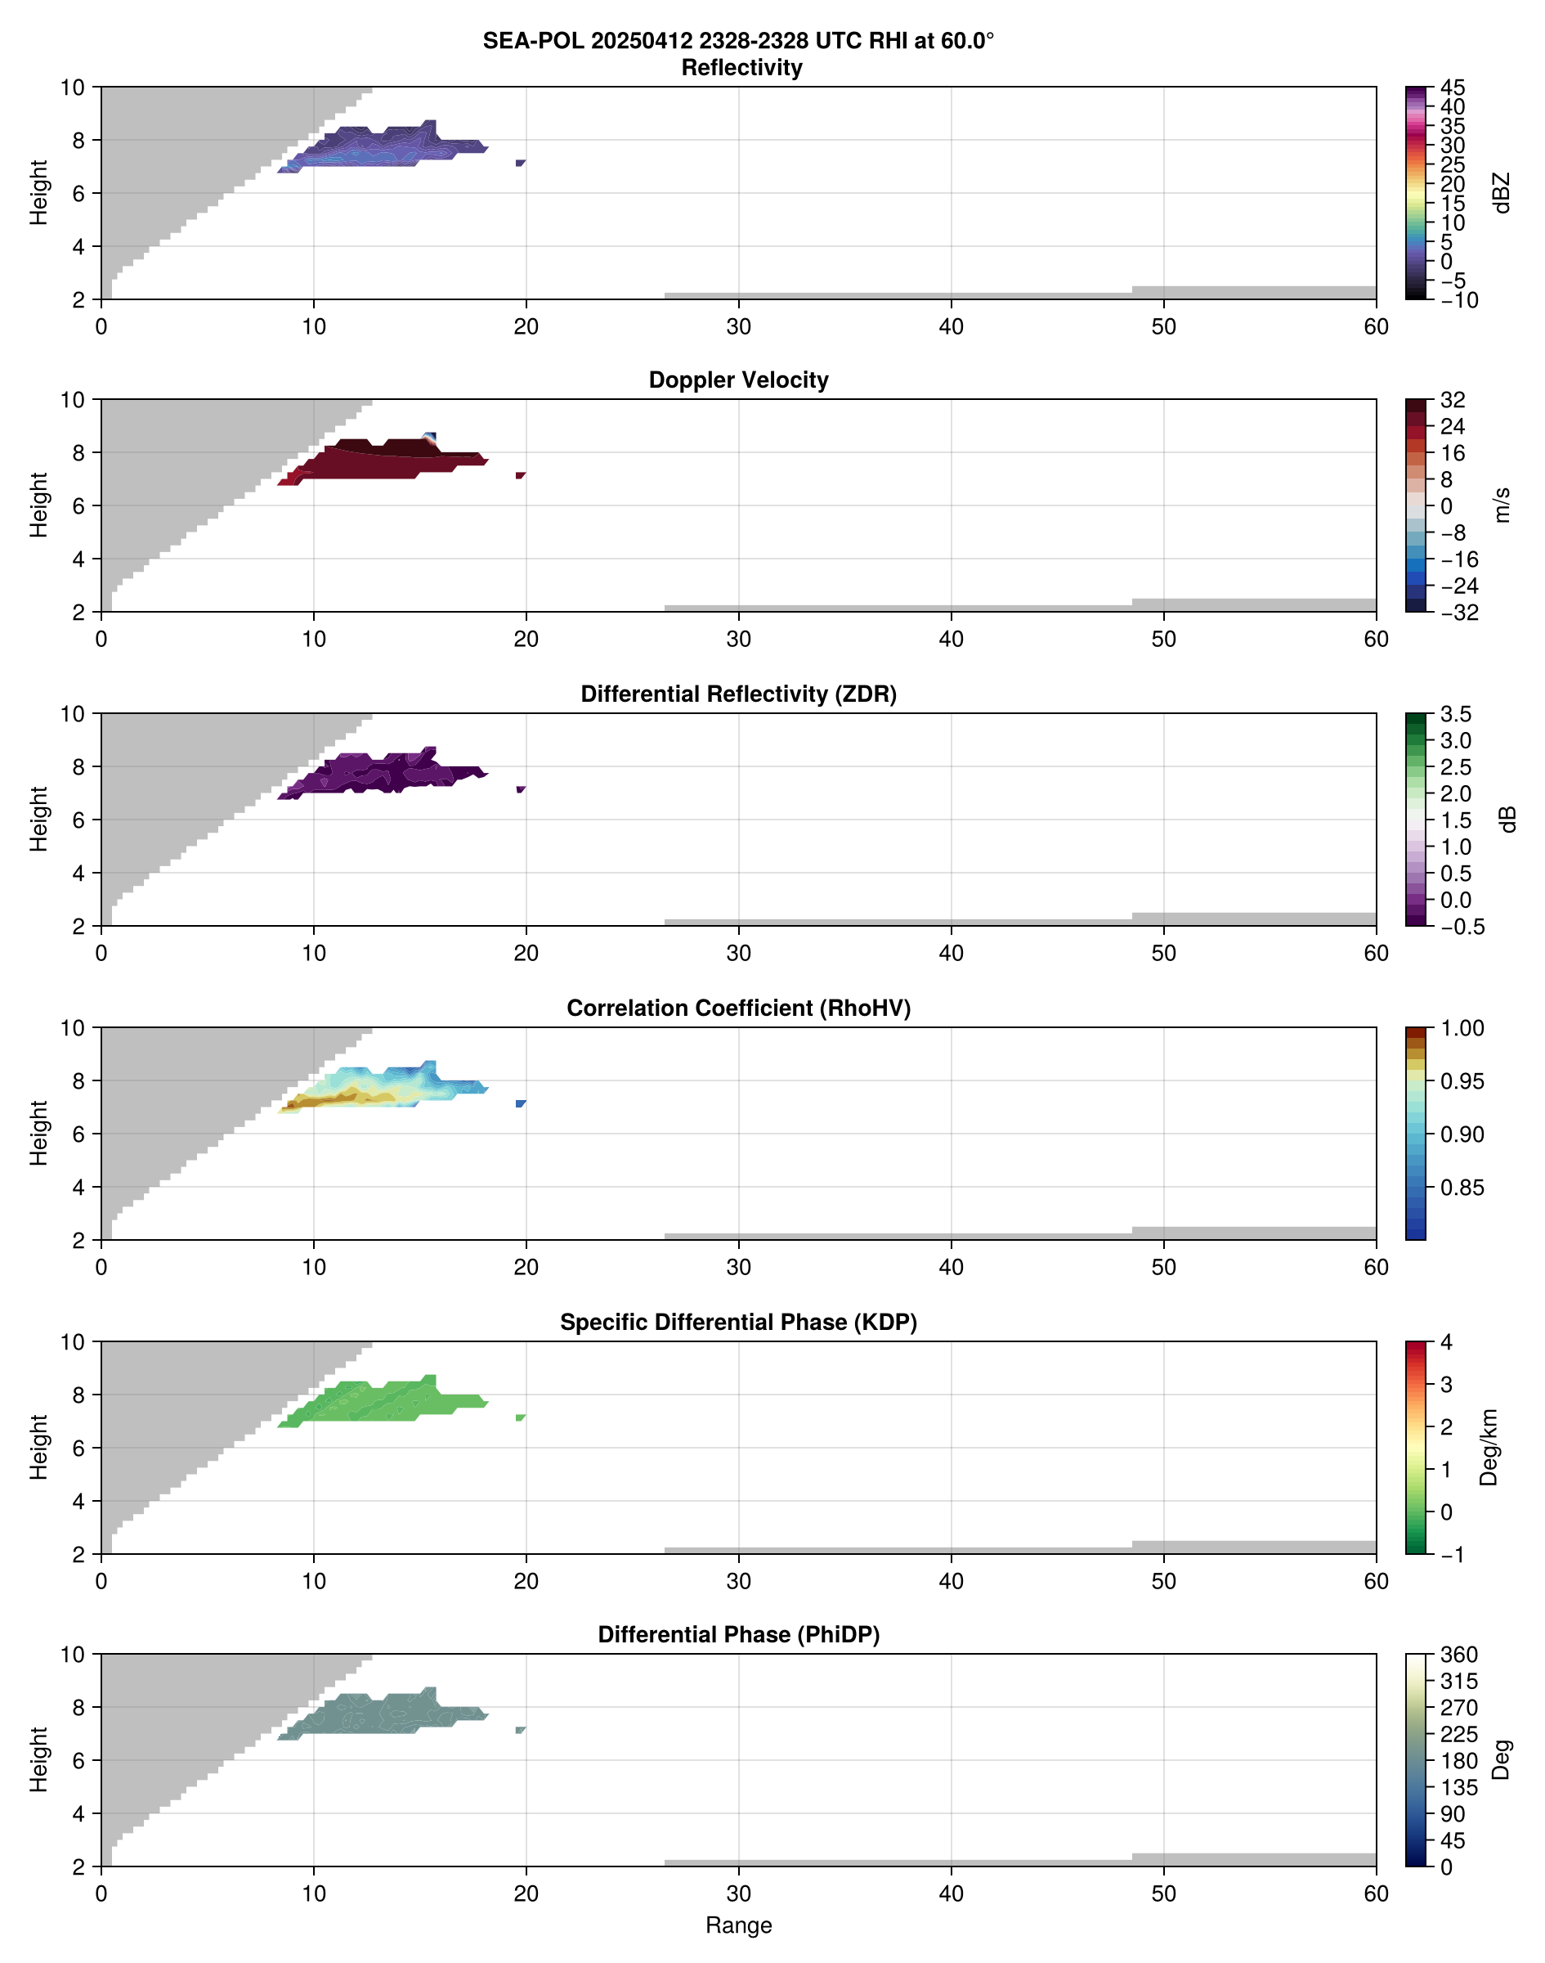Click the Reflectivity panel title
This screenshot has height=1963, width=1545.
point(741,68)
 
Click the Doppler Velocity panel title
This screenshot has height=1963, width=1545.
point(738,380)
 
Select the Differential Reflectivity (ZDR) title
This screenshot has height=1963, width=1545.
point(738,694)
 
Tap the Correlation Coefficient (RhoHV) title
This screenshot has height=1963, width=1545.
point(738,1008)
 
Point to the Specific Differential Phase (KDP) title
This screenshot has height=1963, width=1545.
point(738,1323)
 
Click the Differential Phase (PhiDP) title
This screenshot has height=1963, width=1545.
point(738,1634)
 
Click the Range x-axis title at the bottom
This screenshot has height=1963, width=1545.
point(738,1925)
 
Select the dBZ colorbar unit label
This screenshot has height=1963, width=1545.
point(1502,193)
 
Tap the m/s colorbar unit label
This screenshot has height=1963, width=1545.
point(1502,505)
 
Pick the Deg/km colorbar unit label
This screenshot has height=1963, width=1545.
point(1488,1448)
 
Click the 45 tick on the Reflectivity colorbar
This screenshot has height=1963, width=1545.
point(1453,88)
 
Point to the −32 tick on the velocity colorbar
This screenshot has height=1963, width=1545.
point(1459,613)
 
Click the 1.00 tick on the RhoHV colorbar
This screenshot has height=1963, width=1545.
point(1461,1028)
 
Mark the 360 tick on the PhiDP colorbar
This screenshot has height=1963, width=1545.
point(1458,1655)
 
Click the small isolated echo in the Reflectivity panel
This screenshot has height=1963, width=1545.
point(520,163)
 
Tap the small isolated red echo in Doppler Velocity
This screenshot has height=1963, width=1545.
point(520,475)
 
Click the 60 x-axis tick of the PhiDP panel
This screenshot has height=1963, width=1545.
point(1376,1893)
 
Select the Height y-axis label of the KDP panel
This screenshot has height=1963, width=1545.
point(38,1447)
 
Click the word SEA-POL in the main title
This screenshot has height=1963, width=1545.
point(533,41)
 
